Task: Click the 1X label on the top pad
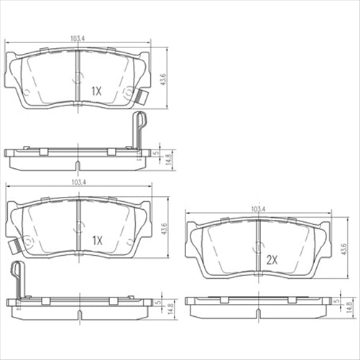[x=97, y=91]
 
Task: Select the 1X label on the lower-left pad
[x=98, y=241]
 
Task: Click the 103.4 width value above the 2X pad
[x=257, y=209]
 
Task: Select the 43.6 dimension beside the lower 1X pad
[x=164, y=229]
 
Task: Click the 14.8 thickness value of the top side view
[x=169, y=157]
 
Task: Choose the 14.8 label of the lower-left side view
[x=170, y=308]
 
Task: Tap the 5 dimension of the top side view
[x=157, y=153]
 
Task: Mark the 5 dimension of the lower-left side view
[x=157, y=303]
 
